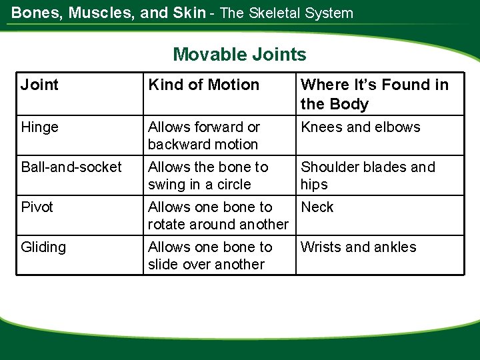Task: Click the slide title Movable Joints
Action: click(239, 54)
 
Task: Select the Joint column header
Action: click(39, 85)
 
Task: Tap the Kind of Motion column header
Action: click(203, 85)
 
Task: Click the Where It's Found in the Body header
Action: click(375, 94)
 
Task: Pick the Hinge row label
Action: click(39, 127)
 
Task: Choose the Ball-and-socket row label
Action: click(71, 167)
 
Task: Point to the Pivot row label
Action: click(37, 207)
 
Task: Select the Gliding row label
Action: click(43, 247)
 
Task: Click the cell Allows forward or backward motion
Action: click(204, 135)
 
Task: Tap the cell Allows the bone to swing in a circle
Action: click(208, 175)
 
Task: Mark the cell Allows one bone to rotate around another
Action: click(218, 215)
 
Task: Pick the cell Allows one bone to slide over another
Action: click(210, 255)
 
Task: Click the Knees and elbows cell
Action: click(361, 127)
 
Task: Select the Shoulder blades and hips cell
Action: click(367, 175)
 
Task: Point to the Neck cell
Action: click(317, 207)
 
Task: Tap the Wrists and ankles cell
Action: click(359, 247)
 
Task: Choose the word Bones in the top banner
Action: click(32, 13)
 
